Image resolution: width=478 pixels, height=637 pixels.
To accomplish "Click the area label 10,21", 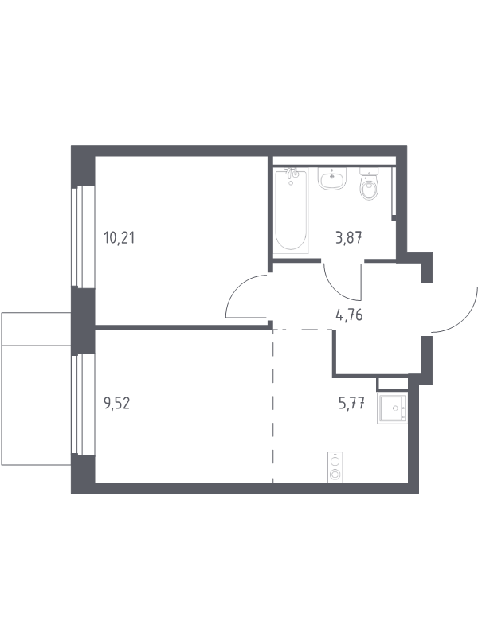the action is click(x=119, y=237).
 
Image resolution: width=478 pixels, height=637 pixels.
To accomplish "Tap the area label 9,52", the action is click(x=117, y=404).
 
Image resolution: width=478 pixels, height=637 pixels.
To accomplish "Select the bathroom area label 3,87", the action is click(x=349, y=237).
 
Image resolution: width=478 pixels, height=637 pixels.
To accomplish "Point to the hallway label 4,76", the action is click(x=349, y=315).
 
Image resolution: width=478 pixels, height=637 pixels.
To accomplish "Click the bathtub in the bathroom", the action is click(x=290, y=211).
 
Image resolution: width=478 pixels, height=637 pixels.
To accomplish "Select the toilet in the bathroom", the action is click(x=370, y=184).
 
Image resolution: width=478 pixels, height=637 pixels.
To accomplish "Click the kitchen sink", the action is click(x=392, y=408).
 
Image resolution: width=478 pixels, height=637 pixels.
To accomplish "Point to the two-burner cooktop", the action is click(x=335, y=467).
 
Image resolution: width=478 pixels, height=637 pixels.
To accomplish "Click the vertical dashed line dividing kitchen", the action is click(x=272, y=405).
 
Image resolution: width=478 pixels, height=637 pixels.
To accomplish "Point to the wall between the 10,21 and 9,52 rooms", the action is click(x=183, y=326).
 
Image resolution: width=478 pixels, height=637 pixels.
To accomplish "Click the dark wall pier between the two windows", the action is click(x=83, y=321).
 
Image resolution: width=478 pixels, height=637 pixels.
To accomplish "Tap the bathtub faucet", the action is click(x=291, y=174).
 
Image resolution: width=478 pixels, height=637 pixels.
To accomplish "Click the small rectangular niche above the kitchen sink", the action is click(x=393, y=385).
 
